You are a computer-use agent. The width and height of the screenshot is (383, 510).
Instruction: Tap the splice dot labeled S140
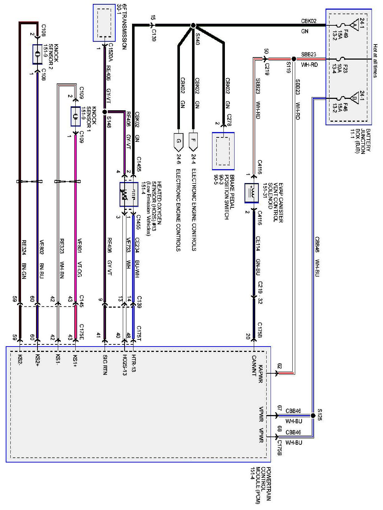(x=193, y=26)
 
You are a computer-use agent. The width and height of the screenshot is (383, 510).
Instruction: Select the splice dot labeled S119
(x=293, y=59)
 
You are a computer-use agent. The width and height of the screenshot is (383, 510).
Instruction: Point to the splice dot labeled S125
(x=313, y=415)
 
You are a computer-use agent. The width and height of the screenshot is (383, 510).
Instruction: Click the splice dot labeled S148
(x=105, y=112)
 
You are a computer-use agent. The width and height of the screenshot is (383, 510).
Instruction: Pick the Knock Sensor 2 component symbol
(x=37, y=54)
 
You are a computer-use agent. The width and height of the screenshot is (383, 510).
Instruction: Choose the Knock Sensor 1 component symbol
(x=75, y=116)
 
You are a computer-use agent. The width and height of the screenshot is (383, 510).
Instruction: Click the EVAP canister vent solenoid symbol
(x=251, y=193)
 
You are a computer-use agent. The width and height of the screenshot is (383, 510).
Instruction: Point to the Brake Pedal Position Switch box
(x=223, y=151)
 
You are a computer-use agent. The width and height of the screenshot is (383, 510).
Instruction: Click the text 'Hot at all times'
(x=375, y=61)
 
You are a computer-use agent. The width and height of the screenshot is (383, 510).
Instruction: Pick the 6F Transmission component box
(x=104, y=23)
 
